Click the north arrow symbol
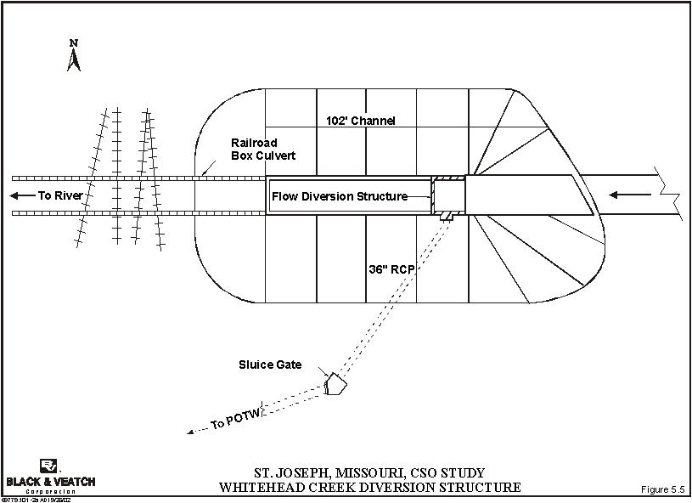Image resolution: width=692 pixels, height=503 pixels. click(x=74, y=59)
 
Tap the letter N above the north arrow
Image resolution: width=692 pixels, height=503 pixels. click(x=74, y=42)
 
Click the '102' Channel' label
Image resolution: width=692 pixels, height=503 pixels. click(x=360, y=121)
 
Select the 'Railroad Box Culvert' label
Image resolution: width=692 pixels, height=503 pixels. click(x=262, y=150)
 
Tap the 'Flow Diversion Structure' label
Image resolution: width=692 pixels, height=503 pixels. click(x=339, y=197)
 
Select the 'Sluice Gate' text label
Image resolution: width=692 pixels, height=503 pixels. click(x=269, y=365)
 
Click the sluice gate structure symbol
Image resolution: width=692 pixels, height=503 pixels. click(x=335, y=386)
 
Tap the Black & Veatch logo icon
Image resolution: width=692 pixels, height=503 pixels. click(x=49, y=466)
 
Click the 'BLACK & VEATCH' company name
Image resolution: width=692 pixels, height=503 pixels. click(x=51, y=482)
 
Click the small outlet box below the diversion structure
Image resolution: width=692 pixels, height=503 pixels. click(x=446, y=218)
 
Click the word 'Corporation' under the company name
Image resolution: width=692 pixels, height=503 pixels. click(x=51, y=491)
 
